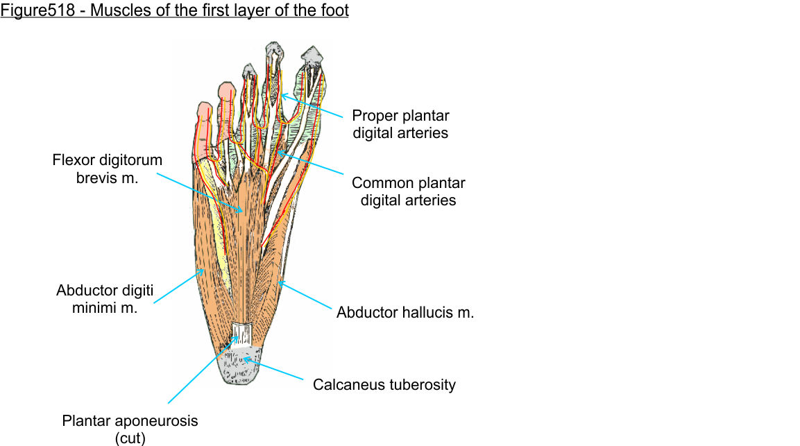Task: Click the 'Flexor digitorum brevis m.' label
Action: [x=107, y=169]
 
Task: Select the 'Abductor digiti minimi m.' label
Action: [x=105, y=299]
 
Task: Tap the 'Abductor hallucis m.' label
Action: [x=405, y=312]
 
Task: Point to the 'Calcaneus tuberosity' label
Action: [x=384, y=384]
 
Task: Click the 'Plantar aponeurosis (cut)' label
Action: [x=130, y=429]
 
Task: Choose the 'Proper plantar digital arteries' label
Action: [x=400, y=124]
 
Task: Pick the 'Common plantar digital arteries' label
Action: [x=408, y=191]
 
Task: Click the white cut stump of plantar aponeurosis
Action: [x=241, y=334]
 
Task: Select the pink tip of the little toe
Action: [x=203, y=111]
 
